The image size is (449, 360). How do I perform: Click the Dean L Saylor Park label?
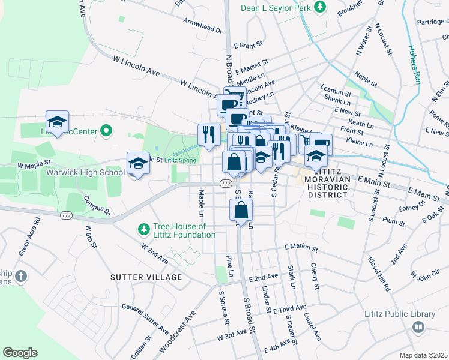276,7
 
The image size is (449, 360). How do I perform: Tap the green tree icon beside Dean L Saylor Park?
322,7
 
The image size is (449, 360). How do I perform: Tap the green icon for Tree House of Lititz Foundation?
143,229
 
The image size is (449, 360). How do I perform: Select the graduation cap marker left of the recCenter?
58,122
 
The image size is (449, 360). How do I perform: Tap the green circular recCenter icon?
107,130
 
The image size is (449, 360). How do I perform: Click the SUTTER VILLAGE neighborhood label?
146,277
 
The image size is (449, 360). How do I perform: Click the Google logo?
20,352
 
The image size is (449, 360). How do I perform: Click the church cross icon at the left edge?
21,277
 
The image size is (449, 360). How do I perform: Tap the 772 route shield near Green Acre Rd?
66,214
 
